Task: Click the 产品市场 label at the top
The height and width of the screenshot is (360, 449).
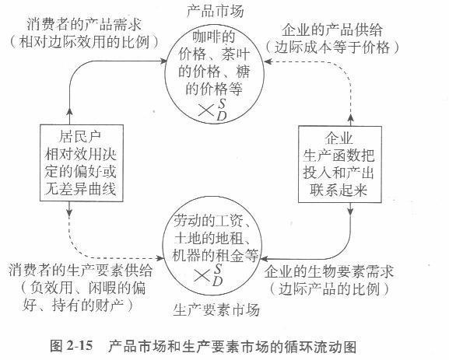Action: pyautogui.click(x=214, y=12)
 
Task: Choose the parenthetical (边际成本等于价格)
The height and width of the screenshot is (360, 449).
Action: pyautogui.click(x=355, y=47)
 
